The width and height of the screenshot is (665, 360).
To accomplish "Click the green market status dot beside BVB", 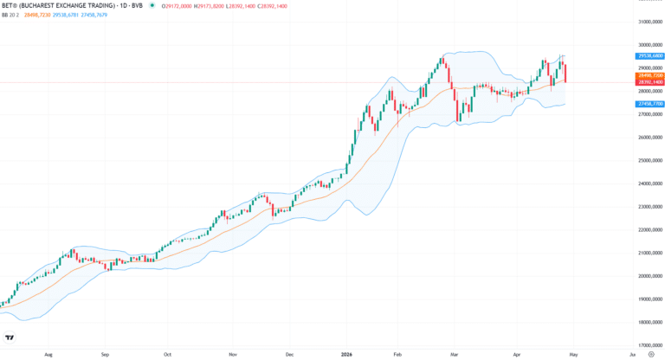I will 153,5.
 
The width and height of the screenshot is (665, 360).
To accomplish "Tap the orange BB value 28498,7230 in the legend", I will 39,15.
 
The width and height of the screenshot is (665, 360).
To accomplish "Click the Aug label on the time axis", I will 48,354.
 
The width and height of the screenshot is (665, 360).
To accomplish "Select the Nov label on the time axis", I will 233,354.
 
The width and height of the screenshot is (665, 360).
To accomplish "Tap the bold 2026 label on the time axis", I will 347,354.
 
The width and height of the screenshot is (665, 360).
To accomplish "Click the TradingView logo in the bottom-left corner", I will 10,337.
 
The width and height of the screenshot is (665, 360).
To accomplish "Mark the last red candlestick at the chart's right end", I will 565,73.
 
